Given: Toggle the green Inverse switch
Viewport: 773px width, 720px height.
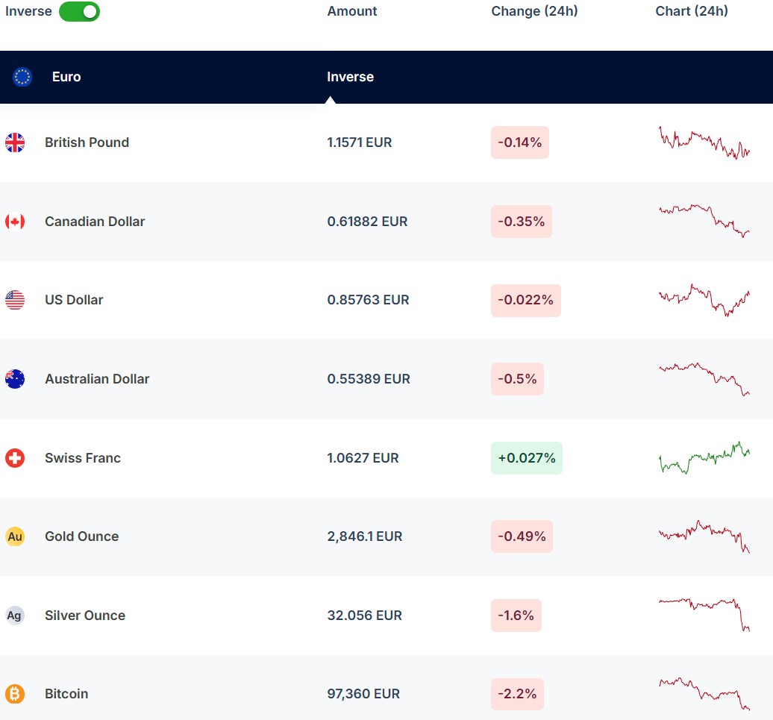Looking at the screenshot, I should click(x=79, y=11).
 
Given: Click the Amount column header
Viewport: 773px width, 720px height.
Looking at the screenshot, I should click(x=352, y=11).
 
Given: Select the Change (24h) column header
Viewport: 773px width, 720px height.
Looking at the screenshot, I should click(x=534, y=11).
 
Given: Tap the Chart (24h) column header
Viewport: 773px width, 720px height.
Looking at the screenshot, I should click(x=692, y=11).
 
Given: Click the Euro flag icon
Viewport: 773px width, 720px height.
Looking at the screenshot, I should click(x=22, y=77).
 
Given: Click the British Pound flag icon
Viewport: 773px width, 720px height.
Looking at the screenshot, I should click(x=15, y=143).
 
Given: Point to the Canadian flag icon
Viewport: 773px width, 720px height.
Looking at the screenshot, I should click(x=15, y=222).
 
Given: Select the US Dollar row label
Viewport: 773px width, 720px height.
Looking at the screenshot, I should click(x=74, y=300).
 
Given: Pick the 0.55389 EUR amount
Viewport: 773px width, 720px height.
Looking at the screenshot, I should click(x=369, y=379).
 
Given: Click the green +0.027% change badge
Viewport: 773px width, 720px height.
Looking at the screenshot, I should click(x=526, y=458).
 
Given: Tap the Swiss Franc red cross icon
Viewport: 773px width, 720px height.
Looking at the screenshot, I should click(x=15, y=458).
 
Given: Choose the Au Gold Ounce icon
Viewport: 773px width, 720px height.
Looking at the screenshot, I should click(x=15, y=536).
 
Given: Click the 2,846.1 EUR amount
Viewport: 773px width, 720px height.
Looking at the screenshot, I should click(x=365, y=536).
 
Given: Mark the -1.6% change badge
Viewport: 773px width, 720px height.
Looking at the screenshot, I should click(x=516, y=616).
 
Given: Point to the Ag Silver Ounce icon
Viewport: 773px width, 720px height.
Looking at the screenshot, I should click(x=15, y=616).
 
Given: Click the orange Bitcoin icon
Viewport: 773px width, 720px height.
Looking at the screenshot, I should click(x=15, y=694).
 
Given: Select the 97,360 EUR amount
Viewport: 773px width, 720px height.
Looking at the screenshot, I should click(x=363, y=694).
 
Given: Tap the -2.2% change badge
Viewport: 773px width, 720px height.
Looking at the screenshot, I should click(x=517, y=694).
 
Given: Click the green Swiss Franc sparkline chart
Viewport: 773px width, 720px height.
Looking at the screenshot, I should click(x=704, y=457).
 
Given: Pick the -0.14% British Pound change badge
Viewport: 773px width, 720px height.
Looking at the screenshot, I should click(x=520, y=143).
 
